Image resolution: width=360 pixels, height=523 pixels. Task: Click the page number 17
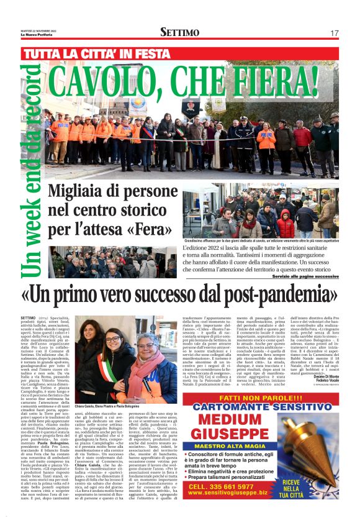point(334,33)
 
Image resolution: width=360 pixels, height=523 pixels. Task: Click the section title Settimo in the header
point(179,32)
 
